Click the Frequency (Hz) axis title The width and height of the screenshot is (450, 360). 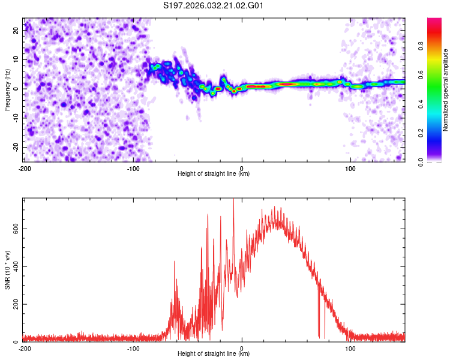pyautogui.click(x=7, y=89)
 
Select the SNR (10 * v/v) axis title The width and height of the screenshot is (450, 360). pyautogui.click(x=7, y=269)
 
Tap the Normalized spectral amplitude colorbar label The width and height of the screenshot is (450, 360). pyautogui.click(x=446, y=89)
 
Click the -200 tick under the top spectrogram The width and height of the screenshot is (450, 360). pyautogui.click(x=25, y=168)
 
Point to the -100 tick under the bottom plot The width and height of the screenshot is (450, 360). pyautogui.click(x=133, y=348)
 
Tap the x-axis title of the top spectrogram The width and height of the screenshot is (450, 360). pyautogui.click(x=214, y=174)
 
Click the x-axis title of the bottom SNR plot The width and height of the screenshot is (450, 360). pyautogui.click(x=214, y=354)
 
